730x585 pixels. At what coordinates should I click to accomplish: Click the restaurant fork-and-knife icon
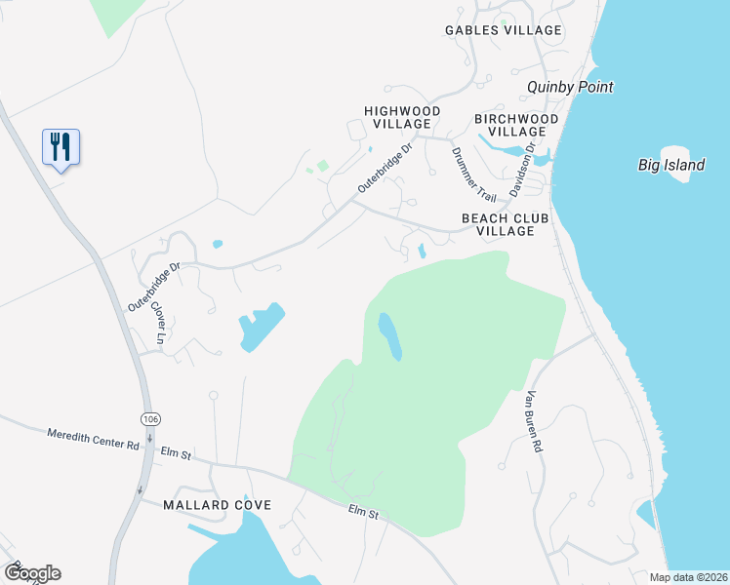point(61,147)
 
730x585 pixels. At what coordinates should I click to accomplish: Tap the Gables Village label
point(503,30)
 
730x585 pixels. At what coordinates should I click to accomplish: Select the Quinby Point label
point(570,87)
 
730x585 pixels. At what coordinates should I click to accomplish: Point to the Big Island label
point(671,165)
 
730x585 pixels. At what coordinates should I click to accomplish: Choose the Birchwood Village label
point(516,125)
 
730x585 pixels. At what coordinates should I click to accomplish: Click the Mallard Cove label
point(217,505)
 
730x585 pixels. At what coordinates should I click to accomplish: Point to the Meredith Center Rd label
point(93,438)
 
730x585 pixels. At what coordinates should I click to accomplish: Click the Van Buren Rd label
point(533,421)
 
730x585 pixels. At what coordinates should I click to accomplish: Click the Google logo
point(32,573)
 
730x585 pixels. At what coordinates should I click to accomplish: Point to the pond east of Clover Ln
point(260,327)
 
